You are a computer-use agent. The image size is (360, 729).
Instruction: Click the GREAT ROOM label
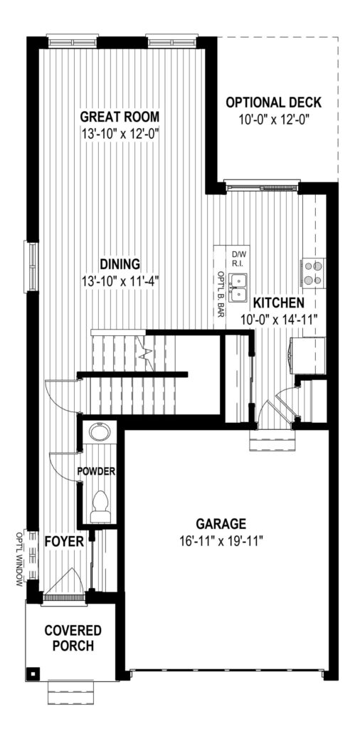[120, 116]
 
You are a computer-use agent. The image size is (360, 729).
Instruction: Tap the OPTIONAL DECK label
[274, 103]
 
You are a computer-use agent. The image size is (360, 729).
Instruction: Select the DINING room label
[120, 264]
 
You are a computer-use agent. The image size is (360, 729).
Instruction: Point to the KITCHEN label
[279, 303]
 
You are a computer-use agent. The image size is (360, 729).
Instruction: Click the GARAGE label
[221, 524]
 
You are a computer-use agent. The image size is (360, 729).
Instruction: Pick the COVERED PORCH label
[73, 638]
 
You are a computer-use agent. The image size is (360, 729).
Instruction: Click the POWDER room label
[96, 471]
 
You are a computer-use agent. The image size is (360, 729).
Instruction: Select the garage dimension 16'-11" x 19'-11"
[221, 541]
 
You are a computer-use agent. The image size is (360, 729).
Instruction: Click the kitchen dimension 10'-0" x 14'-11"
[279, 320]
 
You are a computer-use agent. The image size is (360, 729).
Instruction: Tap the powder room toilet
[100, 507]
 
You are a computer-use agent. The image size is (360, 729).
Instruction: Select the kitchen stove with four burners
[314, 273]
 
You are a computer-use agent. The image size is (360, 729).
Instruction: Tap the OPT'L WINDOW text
[19, 558]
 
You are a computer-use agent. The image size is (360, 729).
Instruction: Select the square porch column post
[34, 672]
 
